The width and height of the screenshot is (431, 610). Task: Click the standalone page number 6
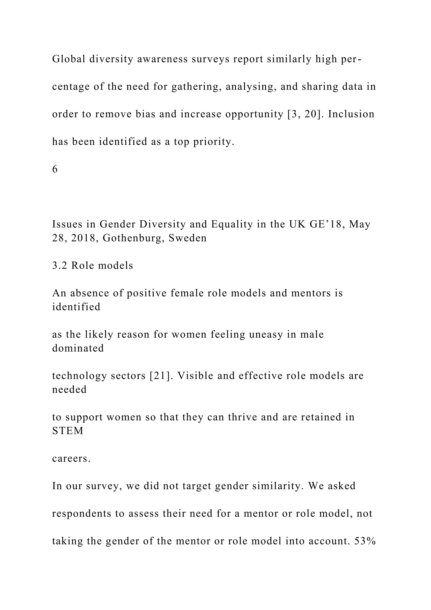point(55,169)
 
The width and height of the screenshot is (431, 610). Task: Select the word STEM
point(68,431)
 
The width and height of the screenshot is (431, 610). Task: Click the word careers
point(71,458)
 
